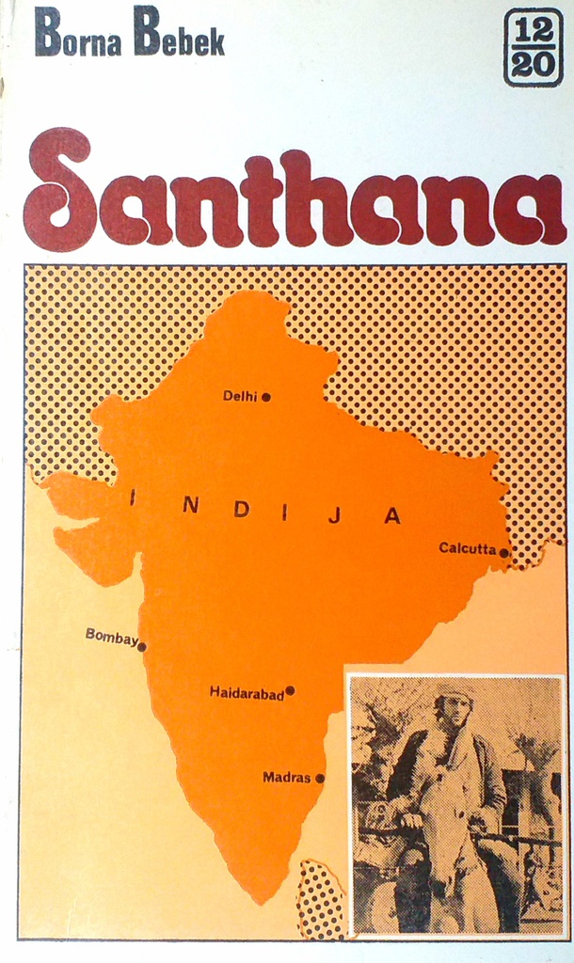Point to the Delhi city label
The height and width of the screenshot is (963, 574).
coord(239,396)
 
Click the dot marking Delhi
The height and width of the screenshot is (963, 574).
coord(266,397)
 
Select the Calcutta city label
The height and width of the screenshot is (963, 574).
coord(467,547)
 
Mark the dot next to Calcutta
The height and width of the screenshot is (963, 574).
coord(503,553)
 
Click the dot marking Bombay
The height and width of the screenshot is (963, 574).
coord(142,647)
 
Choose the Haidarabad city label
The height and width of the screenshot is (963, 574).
coord(246,693)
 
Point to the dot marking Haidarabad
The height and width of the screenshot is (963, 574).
coord(290,690)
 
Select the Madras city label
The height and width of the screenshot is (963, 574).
coord(286,777)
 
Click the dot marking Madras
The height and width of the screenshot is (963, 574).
coord(320,778)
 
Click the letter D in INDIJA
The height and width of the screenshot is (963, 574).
coord(241,509)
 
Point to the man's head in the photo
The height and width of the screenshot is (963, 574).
coord(456,705)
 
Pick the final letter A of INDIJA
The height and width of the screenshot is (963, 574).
coord(392,515)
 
